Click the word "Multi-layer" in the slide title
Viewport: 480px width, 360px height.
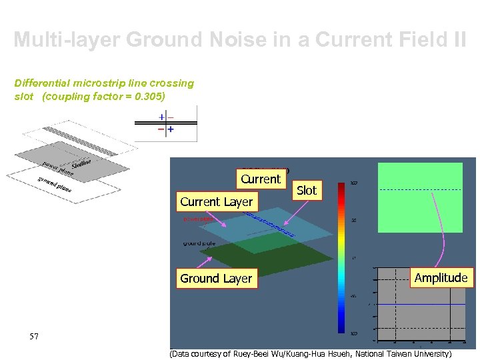click(64, 40)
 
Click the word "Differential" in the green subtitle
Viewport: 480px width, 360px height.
click(44, 83)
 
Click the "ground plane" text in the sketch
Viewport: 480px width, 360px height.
click(55, 184)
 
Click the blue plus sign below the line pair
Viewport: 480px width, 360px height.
click(171, 129)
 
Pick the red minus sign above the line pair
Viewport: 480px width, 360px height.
click(171, 117)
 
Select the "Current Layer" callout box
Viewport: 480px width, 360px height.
click(217, 201)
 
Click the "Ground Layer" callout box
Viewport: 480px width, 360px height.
click(216, 279)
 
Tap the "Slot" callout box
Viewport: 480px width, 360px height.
click(307, 191)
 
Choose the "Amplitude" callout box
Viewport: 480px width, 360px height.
click(441, 278)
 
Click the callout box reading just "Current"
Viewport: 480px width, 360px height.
click(261, 179)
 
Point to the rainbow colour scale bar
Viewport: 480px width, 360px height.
click(343, 257)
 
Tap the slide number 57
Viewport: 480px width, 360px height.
click(34, 337)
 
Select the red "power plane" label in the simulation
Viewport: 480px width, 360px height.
click(198, 219)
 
